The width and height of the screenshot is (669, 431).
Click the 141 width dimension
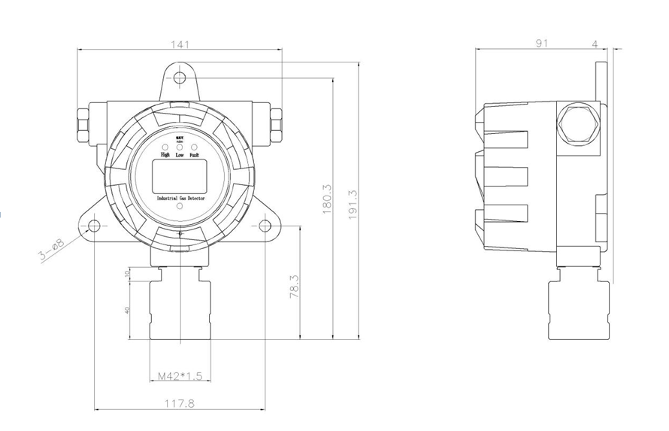180,44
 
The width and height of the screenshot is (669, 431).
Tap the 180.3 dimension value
327,199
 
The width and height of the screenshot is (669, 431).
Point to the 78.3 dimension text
294,287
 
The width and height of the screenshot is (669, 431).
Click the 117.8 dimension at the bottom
180,403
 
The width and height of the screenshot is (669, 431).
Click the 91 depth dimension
541,44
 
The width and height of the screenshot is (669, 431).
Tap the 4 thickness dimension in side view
595,44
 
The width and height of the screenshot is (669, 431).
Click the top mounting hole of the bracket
179,78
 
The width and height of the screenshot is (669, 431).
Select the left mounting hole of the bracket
94,226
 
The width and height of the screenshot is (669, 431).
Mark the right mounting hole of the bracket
265,226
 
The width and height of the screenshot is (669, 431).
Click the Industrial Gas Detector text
180,197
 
